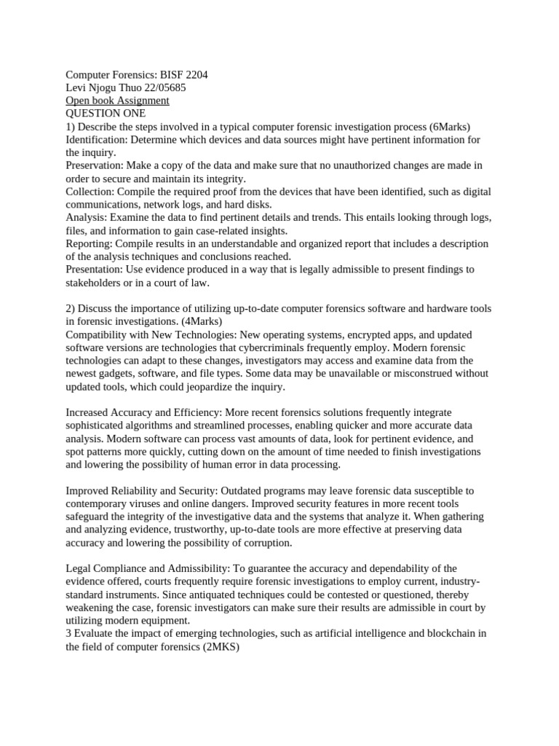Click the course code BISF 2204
pos(192,75)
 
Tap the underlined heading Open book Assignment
pos(117,101)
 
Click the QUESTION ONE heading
pos(106,114)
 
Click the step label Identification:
pos(96,140)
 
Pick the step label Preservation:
pos(95,165)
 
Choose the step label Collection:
pos(90,192)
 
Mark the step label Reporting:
pos(90,243)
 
